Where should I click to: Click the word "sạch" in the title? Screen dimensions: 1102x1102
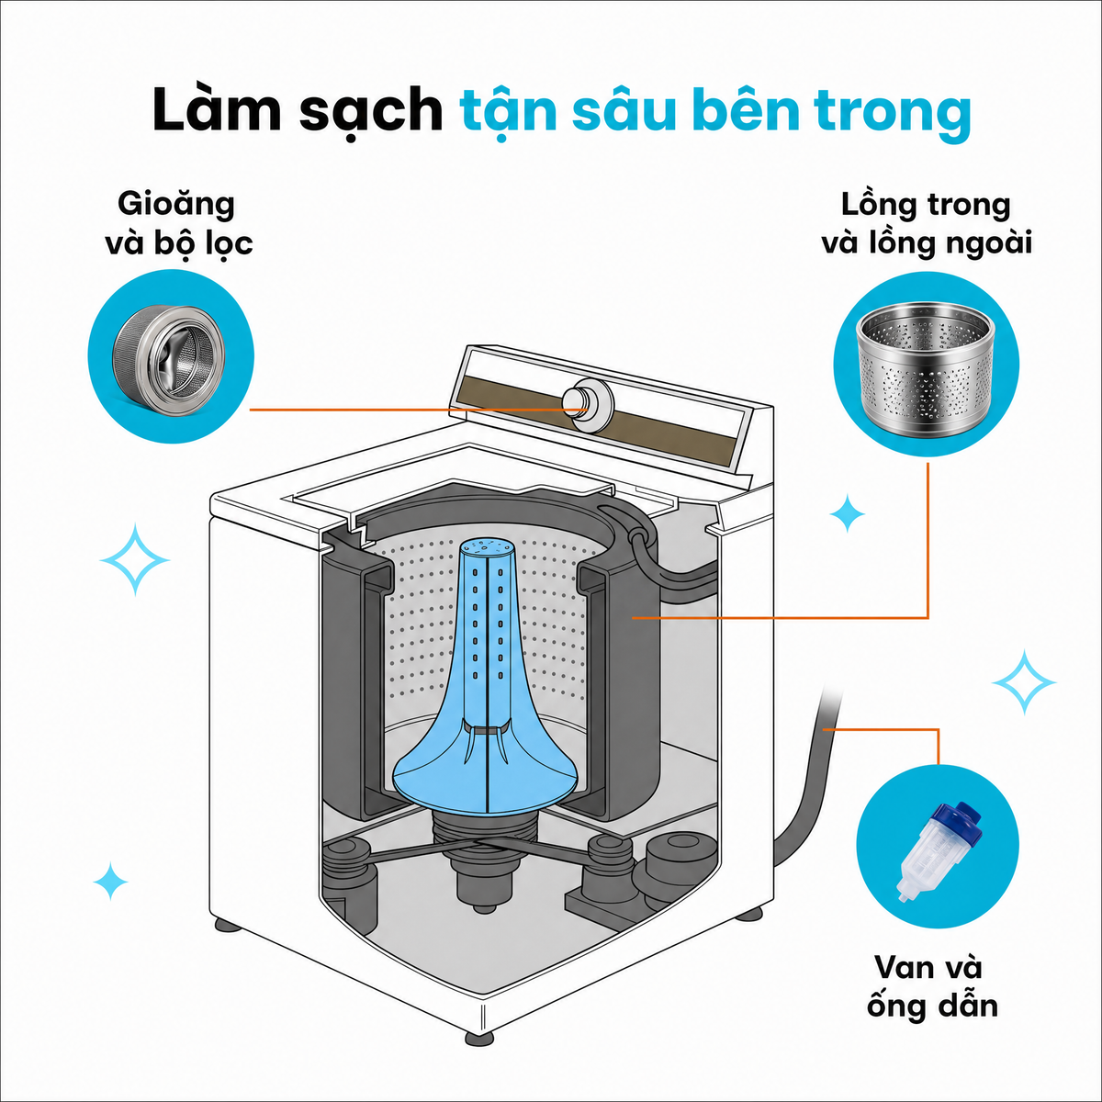pos(372,110)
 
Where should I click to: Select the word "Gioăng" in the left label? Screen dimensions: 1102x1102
pos(176,205)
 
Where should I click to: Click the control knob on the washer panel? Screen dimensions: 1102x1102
pos(588,404)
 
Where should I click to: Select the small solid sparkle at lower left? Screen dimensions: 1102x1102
pos(110,882)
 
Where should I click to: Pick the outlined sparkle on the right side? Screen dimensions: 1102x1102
pos(1024,682)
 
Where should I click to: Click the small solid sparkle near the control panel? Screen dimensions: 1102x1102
pos(848,514)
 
